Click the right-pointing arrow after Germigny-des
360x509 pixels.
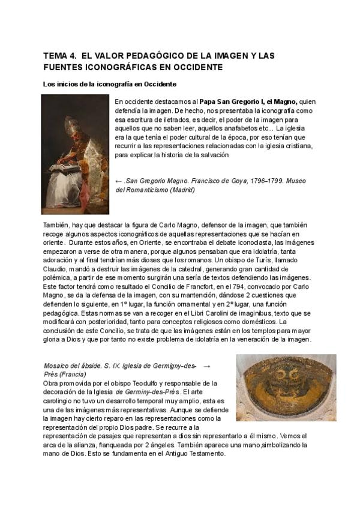tap(207, 365)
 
